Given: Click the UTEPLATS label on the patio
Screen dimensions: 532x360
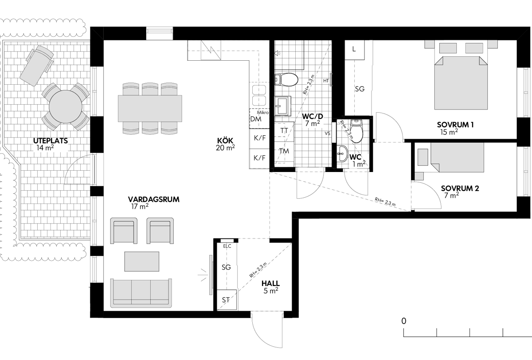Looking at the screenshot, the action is pyautogui.click(x=51, y=141).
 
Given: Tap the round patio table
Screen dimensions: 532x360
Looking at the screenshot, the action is pyautogui.click(x=66, y=106).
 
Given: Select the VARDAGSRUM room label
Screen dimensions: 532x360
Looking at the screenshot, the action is pyautogui.click(x=154, y=199).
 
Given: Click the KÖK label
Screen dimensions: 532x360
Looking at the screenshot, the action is pyautogui.click(x=225, y=141).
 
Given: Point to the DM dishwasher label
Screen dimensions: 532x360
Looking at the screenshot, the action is pyautogui.click(x=256, y=119).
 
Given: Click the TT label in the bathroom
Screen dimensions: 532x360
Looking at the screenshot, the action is pyautogui.click(x=284, y=130).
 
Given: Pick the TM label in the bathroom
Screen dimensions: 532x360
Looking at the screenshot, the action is pyautogui.click(x=284, y=151).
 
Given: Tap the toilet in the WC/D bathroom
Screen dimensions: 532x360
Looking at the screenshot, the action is pyautogui.click(x=286, y=79).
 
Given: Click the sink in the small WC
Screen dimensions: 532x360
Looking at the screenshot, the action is pyautogui.click(x=342, y=154).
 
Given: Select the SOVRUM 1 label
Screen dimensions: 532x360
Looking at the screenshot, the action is pyautogui.click(x=455, y=125).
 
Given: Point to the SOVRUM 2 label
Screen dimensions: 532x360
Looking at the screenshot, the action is pyautogui.click(x=460, y=188).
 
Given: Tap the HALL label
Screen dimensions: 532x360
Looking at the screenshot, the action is pyautogui.click(x=270, y=283).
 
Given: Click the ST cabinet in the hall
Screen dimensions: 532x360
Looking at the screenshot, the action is pyautogui.click(x=227, y=300).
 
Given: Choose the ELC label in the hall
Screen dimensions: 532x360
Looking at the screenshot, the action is pyautogui.click(x=227, y=246).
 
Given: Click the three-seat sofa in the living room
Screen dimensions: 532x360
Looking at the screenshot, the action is pyautogui.click(x=141, y=293).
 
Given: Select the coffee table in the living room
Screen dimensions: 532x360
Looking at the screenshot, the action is pyautogui.click(x=142, y=262).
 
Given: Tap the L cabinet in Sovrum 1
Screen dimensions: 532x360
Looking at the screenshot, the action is pyautogui.click(x=355, y=50).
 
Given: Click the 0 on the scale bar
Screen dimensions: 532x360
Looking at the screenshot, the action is pyautogui.click(x=404, y=321).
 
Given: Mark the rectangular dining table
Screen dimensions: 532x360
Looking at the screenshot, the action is pyautogui.click(x=150, y=109).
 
